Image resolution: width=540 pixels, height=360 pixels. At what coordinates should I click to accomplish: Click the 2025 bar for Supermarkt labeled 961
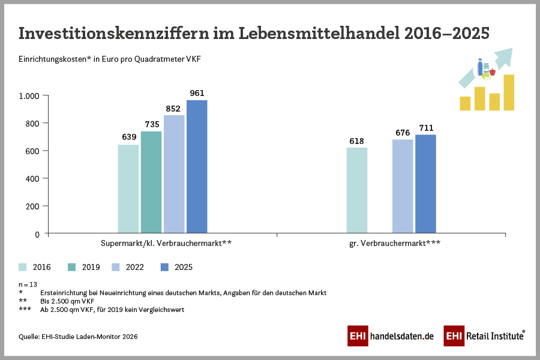pos(197,166)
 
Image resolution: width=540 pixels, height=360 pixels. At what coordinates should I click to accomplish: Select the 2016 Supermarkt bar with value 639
pos(128,188)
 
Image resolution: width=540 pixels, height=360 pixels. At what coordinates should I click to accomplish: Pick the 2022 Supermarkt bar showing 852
pos(174,174)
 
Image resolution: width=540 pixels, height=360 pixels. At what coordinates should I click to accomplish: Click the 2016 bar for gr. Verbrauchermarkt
pos(357,190)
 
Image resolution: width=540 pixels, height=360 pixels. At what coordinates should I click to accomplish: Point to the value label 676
pos(403,133)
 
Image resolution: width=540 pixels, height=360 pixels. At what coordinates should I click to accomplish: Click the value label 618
pos(357,141)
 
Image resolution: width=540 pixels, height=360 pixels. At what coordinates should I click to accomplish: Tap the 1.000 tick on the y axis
pos(29,96)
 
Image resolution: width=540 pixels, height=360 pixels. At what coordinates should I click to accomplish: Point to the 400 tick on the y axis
pos(32,179)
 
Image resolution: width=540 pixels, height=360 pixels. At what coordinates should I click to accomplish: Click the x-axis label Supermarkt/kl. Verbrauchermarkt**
pos(166,244)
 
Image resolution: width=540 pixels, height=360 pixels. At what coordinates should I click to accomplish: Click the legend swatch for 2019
pos(72,267)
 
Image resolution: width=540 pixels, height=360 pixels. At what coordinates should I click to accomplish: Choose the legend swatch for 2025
pos(165,267)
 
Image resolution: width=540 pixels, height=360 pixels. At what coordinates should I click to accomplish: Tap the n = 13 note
pos(28,284)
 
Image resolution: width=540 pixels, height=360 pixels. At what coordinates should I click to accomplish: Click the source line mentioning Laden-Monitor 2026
pos(78,337)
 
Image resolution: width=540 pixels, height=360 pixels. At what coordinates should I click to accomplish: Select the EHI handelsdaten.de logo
pos(391,336)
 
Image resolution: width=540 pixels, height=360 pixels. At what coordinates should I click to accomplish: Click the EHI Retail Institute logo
pos(484,336)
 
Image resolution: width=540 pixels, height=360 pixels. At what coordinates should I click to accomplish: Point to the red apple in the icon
pos(492,73)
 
